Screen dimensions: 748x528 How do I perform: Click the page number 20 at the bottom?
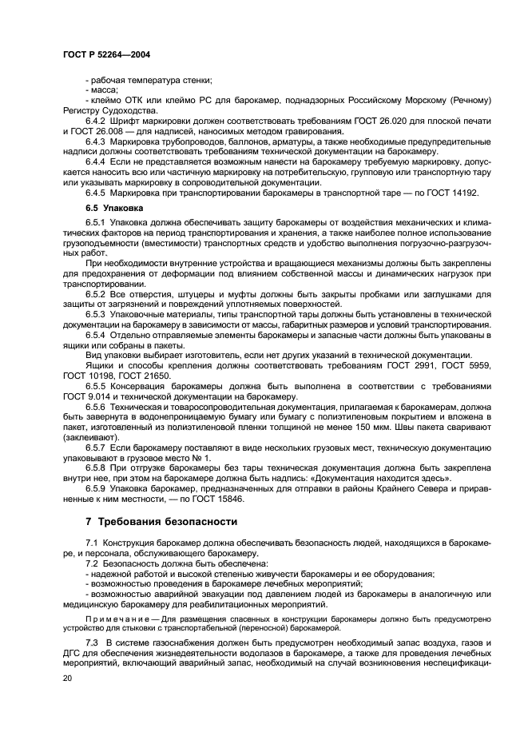pos(68,676)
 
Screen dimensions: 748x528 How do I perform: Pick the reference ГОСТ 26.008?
pos(105,131)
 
